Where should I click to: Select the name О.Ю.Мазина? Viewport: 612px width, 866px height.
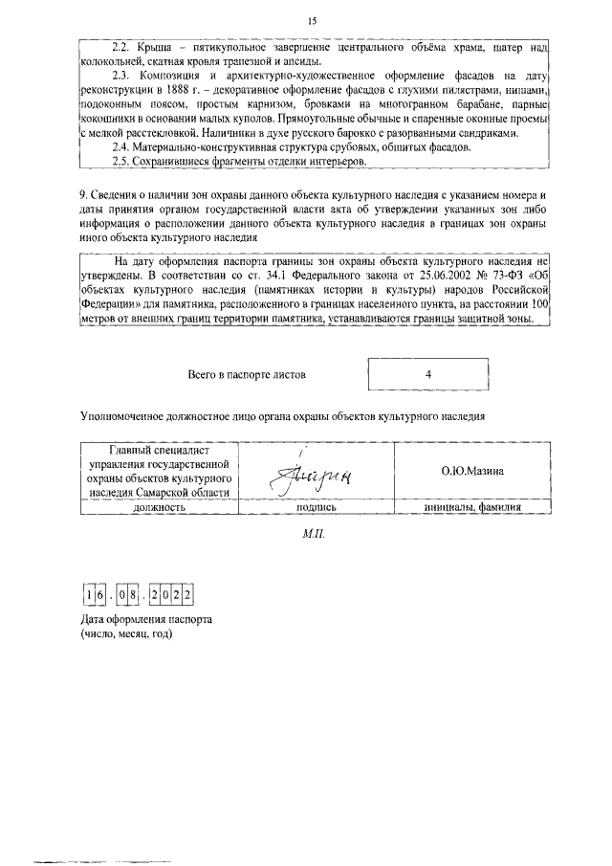click(x=471, y=471)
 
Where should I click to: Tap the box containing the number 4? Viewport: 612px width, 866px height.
click(x=427, y=375)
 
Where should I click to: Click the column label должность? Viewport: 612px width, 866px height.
click(x=158, y=508)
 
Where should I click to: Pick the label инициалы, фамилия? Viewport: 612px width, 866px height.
click(x=471, y=508)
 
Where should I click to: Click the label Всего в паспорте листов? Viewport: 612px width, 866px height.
click(x=247, y=375)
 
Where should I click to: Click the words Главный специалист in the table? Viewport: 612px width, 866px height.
click(x=158, y=451)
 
